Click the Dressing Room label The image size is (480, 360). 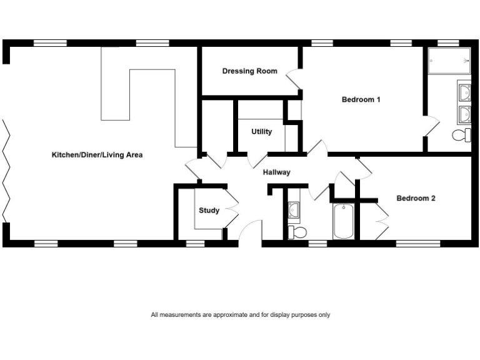(249, 71)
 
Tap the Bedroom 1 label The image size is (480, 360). (361, 99)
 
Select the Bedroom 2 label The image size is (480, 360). (416, 199)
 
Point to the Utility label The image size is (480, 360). (261, 132)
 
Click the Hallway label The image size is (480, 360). (276, 172)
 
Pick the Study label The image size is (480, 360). (209, 211)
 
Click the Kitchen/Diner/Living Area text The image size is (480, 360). (97, 154)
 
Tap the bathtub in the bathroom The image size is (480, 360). (344, 221)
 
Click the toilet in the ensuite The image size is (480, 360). (462, 134)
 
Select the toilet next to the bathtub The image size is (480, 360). (298, 232)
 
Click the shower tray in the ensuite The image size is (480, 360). (449, 61)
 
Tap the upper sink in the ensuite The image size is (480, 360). (464, 93)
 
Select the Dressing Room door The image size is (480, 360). (293, 80)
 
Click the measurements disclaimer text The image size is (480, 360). (240, 315)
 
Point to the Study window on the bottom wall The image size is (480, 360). (196, 242)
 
